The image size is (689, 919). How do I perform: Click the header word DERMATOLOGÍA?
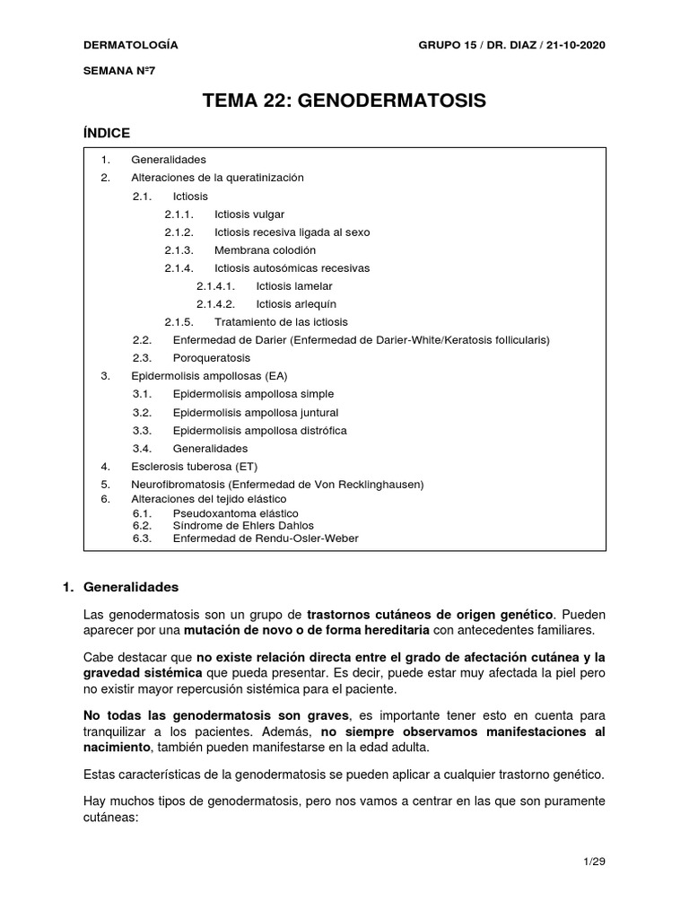130,45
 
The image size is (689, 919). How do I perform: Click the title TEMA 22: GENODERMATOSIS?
345,101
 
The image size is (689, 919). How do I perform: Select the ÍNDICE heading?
107,133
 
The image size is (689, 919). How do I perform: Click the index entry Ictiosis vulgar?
256,214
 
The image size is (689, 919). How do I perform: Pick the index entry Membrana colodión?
265,249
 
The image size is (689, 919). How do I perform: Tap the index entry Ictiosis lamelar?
293,285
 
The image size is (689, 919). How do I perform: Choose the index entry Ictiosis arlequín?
295,303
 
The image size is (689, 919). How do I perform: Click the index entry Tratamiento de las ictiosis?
281,321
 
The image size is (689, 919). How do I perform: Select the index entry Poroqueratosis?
213,357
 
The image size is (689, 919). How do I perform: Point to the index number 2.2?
143,339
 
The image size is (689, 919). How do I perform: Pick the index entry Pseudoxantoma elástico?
235,513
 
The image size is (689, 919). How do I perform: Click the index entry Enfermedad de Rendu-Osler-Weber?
265,538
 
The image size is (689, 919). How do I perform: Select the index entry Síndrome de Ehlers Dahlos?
243,526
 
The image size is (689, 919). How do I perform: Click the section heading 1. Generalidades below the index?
120,587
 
